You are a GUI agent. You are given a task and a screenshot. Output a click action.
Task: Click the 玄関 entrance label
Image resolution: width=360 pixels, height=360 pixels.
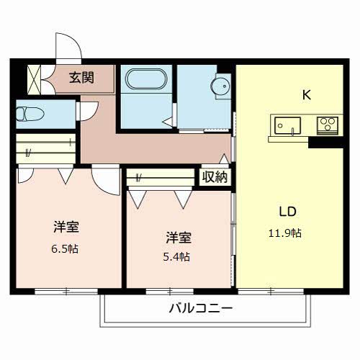coord(81,77)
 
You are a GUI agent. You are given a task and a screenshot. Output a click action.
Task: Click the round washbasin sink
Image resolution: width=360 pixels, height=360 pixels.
coord(221,86)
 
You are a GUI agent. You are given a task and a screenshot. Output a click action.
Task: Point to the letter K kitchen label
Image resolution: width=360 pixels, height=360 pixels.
coord(305,93)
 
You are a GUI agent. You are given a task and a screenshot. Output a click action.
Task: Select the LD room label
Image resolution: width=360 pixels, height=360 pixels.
coord(288,212)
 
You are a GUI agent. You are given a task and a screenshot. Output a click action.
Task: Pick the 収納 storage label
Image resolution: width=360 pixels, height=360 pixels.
coord(215,176)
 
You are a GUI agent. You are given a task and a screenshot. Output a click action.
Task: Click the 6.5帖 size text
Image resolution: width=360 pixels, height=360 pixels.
coord(66,248)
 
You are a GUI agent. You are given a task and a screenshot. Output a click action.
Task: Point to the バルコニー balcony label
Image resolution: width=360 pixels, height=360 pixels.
coord(200,309)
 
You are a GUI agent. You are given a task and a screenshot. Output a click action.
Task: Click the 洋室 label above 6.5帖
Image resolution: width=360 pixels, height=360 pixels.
coord(66,228)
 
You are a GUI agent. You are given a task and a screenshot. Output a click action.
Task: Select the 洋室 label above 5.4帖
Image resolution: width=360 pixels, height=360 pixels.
coord(179,236)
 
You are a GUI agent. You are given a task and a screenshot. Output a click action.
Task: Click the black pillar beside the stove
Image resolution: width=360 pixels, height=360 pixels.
coord(317,141)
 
